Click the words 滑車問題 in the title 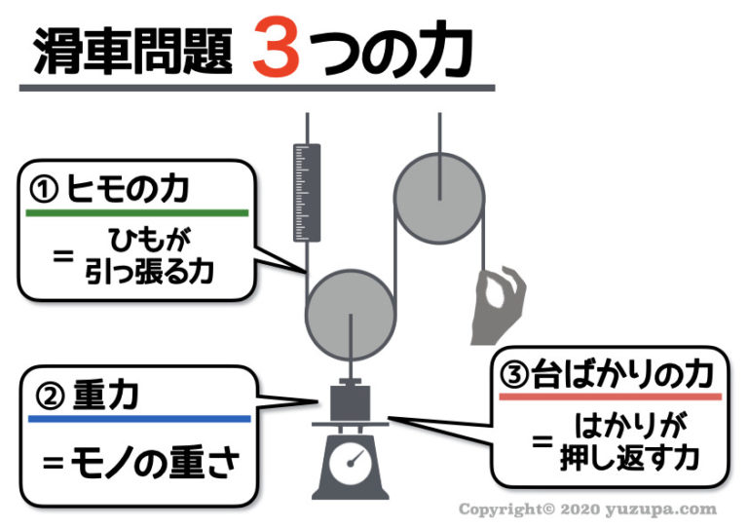point(132,51)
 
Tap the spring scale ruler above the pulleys point(307,191)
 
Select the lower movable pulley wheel point(350,314)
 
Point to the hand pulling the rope point(499,301)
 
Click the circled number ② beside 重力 point(49,397)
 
